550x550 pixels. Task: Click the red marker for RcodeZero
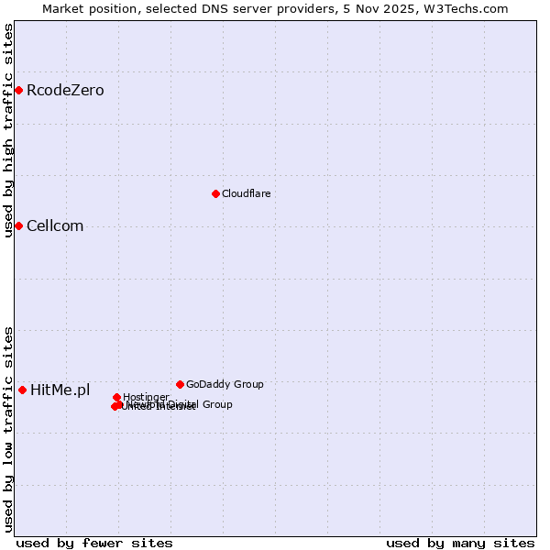18,90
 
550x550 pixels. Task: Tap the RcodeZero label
65,90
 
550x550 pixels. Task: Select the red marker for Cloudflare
215,193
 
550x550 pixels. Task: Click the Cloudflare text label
246,193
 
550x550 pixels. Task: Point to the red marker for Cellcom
18,225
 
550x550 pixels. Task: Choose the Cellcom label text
55,225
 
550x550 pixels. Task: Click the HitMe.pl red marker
22,390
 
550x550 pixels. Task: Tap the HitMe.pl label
60,390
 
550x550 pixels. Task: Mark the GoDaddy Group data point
180,384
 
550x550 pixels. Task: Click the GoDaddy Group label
225,384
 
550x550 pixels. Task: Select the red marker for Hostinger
116,397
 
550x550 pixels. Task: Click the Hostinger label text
147,397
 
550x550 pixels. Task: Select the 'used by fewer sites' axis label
94,543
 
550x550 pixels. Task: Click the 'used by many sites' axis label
460,543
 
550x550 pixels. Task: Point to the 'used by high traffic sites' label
8,130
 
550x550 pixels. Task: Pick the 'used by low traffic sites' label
8,429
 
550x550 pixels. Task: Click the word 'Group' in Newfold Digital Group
216,404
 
